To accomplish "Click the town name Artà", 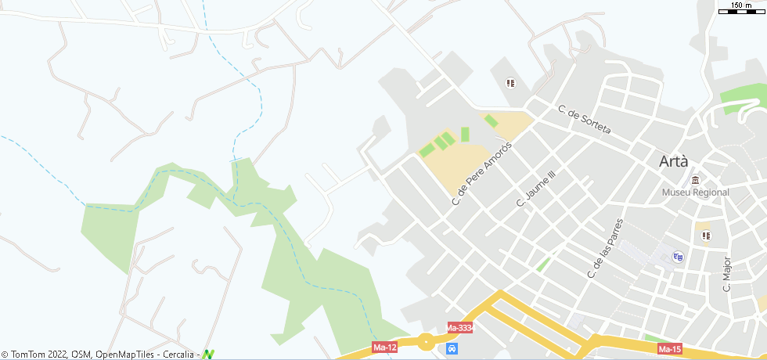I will (674, 162).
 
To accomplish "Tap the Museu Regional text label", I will (695, 193).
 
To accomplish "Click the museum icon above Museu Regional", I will (695, 180).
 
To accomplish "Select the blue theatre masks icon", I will (678, 256).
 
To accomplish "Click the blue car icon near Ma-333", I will (452, 347).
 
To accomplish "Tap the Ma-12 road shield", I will (383, 347).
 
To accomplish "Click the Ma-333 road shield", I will (459, 327).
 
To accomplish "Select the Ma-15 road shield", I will (670, 348).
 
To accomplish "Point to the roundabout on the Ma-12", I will (426, 342).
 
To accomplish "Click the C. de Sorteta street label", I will (584, 119).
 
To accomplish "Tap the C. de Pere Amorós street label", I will (481, 174).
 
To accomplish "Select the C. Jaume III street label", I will (535, 189).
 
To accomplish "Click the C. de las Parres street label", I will (605, 248).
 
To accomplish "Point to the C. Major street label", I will (726, 274).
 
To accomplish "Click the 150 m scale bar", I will (740, 9).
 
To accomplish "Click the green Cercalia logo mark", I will (207, 355).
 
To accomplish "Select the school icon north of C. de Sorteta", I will (511, 83).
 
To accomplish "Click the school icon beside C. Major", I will (705, 235).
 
